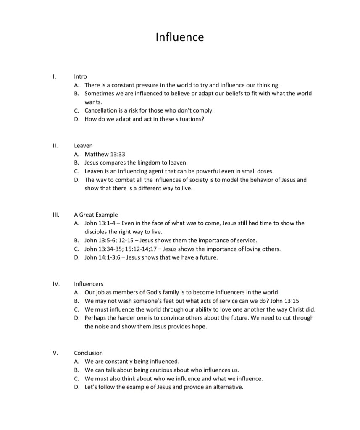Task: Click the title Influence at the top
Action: click(179, 37)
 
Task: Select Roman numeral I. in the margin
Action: click(54, 76)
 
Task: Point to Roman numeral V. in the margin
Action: click(55, 353)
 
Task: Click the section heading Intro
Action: click(80, 76)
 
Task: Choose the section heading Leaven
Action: click(83, 146)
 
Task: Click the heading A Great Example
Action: click(96, 215)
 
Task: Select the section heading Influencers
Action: click(88, 284)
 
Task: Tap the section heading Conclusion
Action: click(88, 353)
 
